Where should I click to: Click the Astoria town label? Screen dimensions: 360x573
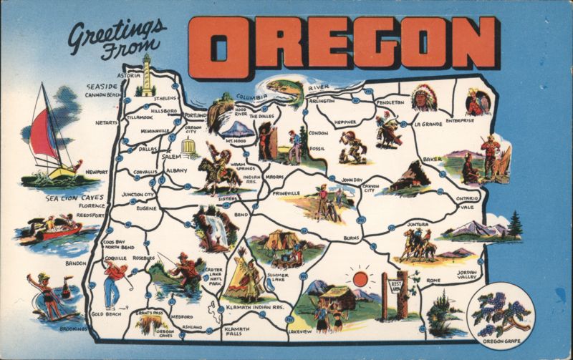coord(130,74)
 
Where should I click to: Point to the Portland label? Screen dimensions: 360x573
coord(195,115)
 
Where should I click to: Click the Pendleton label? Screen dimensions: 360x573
coord(390,102)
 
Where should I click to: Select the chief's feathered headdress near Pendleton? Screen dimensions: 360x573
coord(425,98)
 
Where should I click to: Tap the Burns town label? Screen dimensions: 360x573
coord(351,237)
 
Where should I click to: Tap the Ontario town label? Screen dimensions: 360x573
coord(466,198)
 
